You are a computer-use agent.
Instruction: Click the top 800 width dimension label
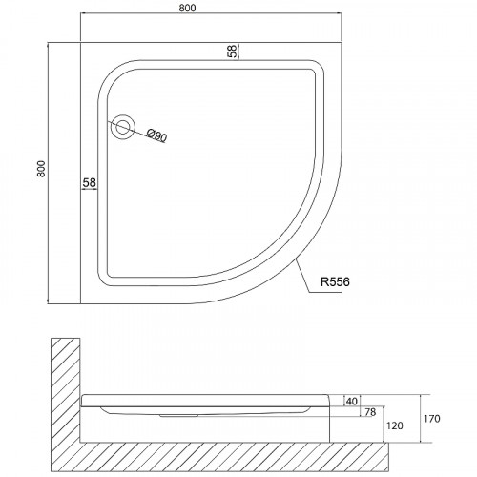pyautogui.click(x=187, y=8)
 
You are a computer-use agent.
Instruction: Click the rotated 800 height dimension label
pyautogui.click(x=41, y=169)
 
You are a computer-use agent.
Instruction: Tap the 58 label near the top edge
pyautogui.click(x=233, y=51)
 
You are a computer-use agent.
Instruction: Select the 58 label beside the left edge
pyautogui.click(x=89, y=182)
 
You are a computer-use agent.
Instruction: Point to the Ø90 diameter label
pyautogui.click(x=156, y=135)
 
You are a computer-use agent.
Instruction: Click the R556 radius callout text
pyautogui.click(x=335, y=281)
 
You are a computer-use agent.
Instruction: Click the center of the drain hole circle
pyautogui.click(x=123, y=127)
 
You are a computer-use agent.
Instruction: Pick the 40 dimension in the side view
pyautogui.click(x=351, y=402)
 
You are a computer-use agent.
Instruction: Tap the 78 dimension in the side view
pyautogui.click(x=370, y=412)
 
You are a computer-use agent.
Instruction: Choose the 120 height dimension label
pyautogui.click(x=395, y=425)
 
